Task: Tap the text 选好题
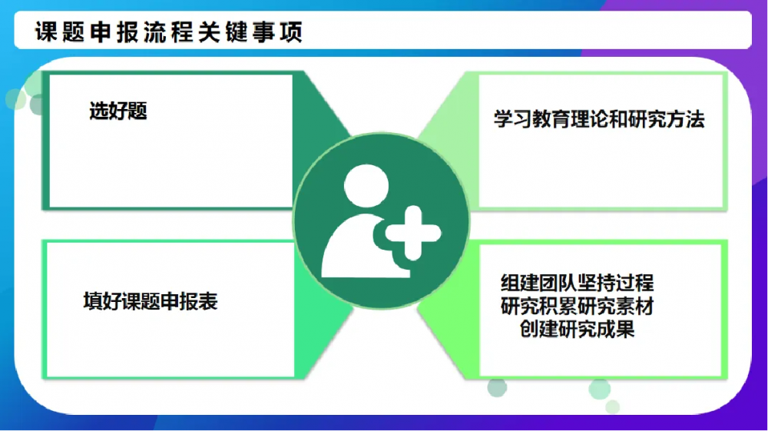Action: pyautogui.click(x=118, y=112)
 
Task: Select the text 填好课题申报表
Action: pyautogui.click(x=151, y=301)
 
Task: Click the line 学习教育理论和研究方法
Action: pyautogui.click(x=599, y=120)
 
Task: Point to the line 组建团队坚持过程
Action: pyautogui.click(x=578, y=283)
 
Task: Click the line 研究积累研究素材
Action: pyautogui.click(x=578, y=306)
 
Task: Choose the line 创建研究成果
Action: pyautogui.click(x=578, y=330)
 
